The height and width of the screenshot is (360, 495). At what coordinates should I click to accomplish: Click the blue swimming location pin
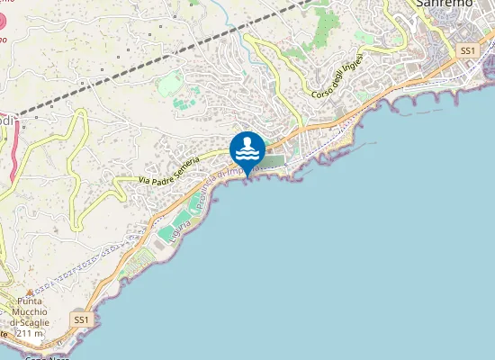pyautogui.click(x=247, y=149)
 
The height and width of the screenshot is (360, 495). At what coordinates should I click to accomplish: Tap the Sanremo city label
pyautogui.click(x=447, y=4)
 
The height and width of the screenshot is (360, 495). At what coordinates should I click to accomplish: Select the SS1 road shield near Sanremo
pyautogui.click(x=466, y=50)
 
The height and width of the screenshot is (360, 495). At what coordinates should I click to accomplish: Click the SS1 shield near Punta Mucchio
pyautogui.click(x=82, y=319)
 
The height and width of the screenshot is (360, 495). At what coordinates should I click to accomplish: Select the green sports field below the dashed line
pyautogui.click(x=169, y=85)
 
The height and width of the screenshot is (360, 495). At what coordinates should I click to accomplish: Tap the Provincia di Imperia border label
pyautogui.click(x=225, y=181)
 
